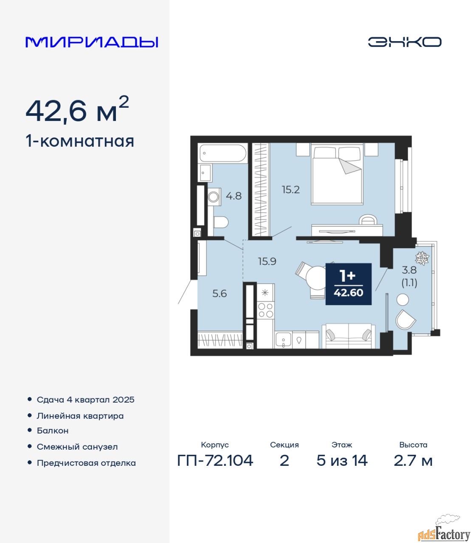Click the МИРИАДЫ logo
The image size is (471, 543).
(92, 42)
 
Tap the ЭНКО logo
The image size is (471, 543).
(404, 42)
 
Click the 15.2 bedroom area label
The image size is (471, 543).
(290, 190)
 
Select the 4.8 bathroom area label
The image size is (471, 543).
(234, 196)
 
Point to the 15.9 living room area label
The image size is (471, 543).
(267, 262)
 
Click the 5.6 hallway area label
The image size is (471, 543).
(220, 294)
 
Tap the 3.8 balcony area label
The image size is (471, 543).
(409, 270)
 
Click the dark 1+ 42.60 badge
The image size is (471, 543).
(348, 284)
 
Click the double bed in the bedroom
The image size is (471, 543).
(337, 174)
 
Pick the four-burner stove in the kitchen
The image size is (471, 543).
(265, 310)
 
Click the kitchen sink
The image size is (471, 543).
(283, 340)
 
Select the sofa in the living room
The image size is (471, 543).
(349, 336)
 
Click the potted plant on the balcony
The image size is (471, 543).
(422, 258)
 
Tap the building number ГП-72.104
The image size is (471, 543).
(215, 460)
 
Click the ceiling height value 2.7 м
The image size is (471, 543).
(413, 460)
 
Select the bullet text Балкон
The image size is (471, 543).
(53, 431)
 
